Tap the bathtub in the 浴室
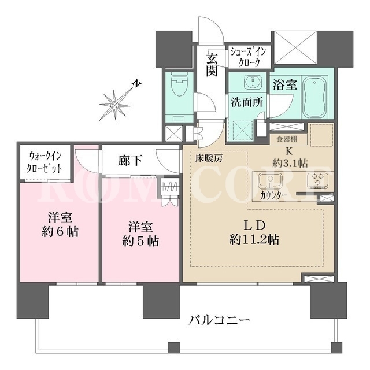[314, 97]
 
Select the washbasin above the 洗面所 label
[253, 82]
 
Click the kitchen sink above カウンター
[271, 180]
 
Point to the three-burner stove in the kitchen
[317, 180]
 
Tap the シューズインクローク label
[248, 57]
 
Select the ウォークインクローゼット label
[44, 162]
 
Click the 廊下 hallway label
[130, 161]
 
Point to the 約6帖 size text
[60, 232]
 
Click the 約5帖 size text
[140, 242]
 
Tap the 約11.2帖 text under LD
[254, 239]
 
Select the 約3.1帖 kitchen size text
[290, 163]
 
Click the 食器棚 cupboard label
[287, 139]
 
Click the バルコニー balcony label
[219, 321]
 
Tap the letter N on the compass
[136, 83]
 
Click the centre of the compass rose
[114, 105]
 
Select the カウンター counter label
[273, 195]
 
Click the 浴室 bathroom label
[285, 85]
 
